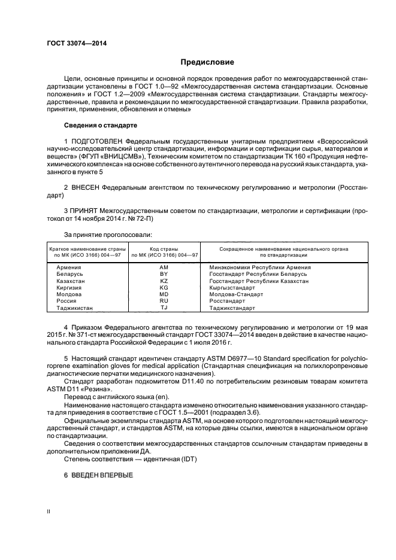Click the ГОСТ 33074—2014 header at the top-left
coord(72,44)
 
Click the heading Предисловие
coord(207,62)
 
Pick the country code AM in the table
coord(164,267)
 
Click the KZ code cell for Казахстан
coord(164,281)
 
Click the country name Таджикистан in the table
coord(74,308)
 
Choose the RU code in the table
coord(164,301)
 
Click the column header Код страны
coord(165,249)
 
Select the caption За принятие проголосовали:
coord(108,235)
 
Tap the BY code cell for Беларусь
coord(164,273)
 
